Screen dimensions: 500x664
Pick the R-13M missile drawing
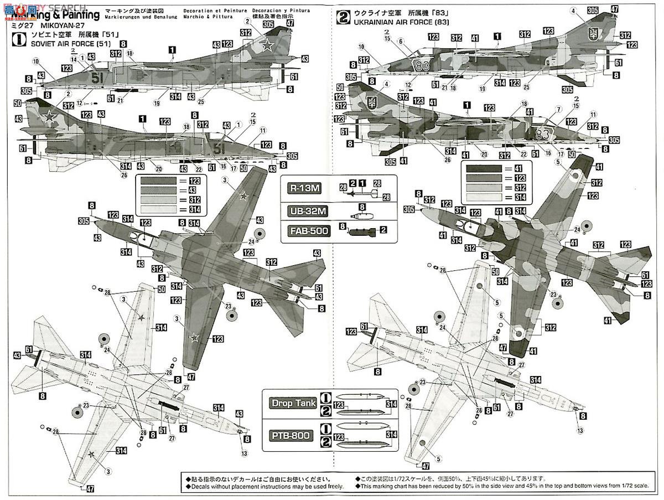click(359, 192)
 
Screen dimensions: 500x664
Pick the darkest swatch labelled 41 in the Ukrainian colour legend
click(483, 168)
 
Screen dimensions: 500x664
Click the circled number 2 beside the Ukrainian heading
click(344, 17)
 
